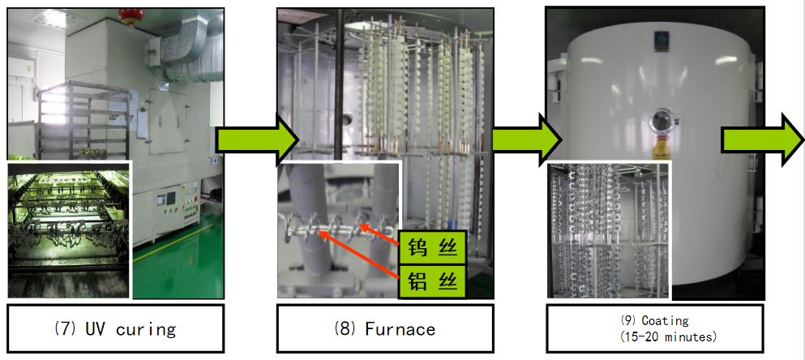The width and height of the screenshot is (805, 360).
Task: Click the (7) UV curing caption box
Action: click(115, 329)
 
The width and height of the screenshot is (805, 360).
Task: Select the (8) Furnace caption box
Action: click(384, 329)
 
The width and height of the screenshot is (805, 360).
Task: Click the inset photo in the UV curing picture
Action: click(69, 229)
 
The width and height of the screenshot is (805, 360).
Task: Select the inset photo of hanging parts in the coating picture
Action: click(609, 230)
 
